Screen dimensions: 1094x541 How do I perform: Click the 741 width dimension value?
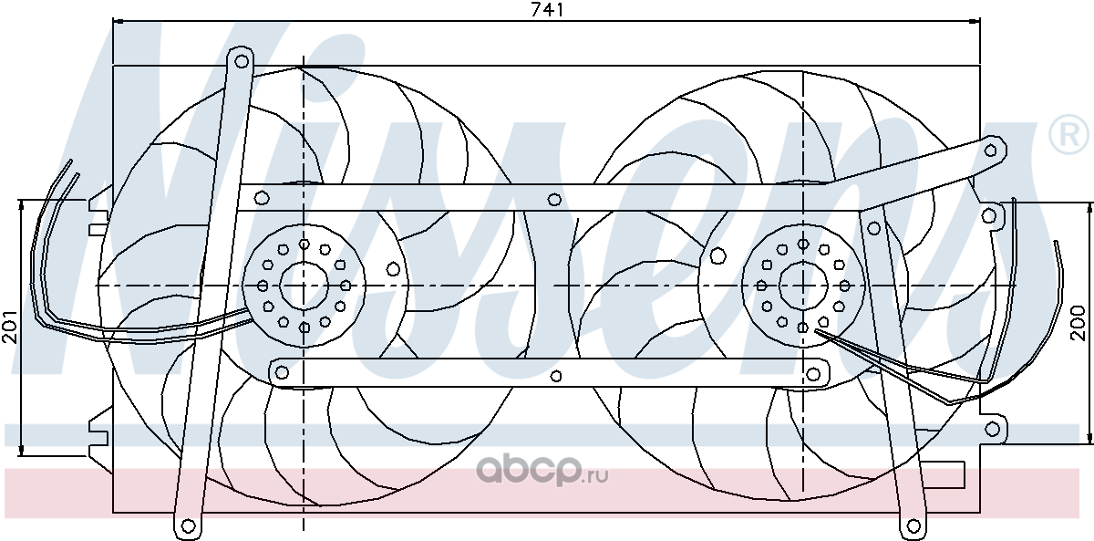(547, 10)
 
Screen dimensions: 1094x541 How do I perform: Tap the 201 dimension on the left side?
(10, 327)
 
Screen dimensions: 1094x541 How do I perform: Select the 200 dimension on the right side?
(1078, 323)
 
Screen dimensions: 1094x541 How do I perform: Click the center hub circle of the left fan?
(304, 286)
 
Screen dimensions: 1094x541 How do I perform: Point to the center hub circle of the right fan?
(803, 286)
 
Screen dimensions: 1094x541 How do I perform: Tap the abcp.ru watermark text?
(542, 472)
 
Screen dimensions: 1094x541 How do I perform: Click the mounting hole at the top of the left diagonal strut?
(241, 61)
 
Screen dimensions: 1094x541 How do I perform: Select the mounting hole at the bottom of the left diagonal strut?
(188, 526)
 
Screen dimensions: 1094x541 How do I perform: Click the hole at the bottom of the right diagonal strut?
(913, 526)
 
